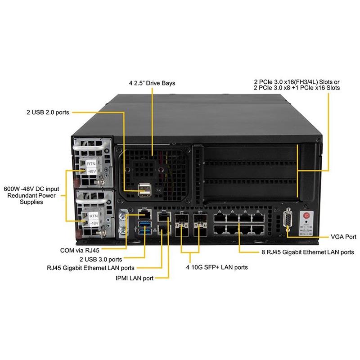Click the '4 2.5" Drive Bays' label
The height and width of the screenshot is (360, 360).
point(152,83)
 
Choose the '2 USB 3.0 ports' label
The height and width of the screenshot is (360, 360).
point(100,259)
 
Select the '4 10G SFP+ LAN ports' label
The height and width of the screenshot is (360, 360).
point(217,267)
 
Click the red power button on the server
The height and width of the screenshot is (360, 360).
point(307,216)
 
